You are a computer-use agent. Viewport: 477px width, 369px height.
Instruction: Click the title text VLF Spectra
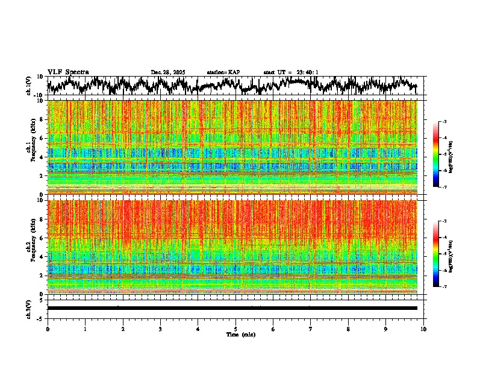tap(68, 72)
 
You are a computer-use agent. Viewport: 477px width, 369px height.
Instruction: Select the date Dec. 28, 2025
tap(168, 72)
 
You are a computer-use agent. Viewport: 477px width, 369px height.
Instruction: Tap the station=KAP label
tap(223, 72)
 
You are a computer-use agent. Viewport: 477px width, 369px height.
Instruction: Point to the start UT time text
tap(291, 72)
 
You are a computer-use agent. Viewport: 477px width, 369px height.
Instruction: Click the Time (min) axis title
tap(240, 334)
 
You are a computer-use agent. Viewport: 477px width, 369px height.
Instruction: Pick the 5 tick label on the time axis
tap(235, 329)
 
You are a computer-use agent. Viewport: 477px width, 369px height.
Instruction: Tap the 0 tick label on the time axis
tap(48, 329)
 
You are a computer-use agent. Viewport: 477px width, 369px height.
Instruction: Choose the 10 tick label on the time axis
tap(423, 329)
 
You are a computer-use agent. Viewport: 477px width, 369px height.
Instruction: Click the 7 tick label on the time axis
tap(311, 329)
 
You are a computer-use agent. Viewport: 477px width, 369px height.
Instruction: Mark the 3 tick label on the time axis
tap(160, 329)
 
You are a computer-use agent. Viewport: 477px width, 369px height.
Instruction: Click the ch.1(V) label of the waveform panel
tap(29, 86)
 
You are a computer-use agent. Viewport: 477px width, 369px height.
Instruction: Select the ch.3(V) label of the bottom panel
tap(29, 308)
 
